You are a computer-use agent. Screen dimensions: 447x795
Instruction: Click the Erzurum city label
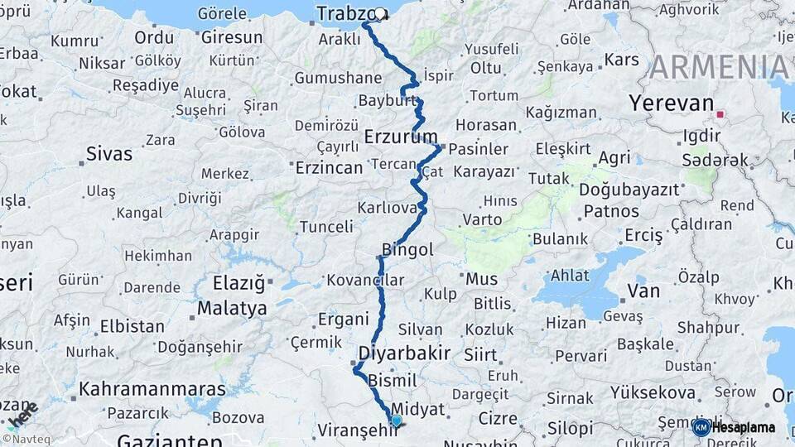401,136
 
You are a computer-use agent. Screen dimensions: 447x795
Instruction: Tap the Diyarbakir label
404,353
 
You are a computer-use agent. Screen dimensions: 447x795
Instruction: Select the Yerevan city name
671,103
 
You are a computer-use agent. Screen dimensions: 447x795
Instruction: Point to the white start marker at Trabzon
379,13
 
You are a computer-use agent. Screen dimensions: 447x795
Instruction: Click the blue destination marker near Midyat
396,421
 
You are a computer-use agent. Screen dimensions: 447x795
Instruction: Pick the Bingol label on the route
407,249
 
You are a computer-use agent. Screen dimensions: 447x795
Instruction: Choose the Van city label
643,291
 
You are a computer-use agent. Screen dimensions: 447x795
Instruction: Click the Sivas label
109,153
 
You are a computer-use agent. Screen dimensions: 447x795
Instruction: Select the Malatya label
232,309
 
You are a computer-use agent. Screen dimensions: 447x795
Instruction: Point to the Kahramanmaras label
152,389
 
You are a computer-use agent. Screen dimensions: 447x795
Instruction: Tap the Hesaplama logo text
743,427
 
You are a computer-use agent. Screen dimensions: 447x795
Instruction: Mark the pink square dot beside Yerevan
720,114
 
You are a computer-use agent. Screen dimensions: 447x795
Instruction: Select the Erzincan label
328,168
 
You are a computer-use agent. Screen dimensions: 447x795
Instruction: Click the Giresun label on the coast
232,37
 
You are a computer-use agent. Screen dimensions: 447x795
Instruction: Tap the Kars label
622,60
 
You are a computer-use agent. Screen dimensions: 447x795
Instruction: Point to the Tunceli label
325,227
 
